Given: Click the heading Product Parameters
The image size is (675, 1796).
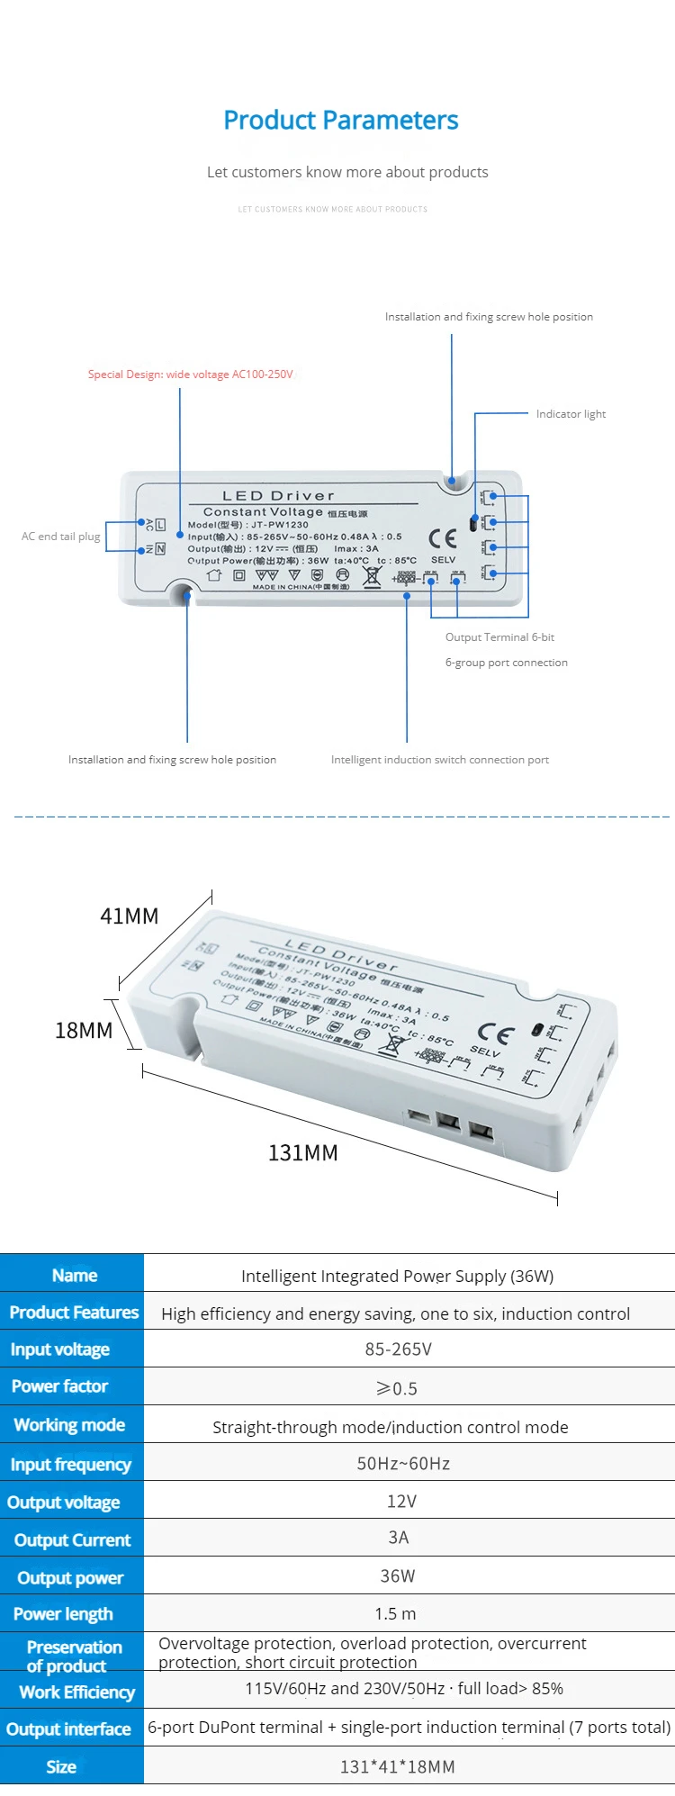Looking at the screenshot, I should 341,120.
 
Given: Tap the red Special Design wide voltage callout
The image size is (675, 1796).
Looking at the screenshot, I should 190,375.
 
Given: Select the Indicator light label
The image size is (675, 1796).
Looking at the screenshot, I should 571,414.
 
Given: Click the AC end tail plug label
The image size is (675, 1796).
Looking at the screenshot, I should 60,537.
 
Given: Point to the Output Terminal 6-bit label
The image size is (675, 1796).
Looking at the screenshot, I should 499,637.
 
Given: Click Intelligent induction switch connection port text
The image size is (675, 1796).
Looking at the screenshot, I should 439,760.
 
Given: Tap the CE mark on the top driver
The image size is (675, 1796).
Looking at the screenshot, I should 443,538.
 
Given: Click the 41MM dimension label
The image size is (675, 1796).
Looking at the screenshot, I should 129,916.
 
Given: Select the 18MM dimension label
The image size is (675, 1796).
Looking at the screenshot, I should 84,1031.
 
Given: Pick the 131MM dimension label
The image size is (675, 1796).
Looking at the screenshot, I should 302,1153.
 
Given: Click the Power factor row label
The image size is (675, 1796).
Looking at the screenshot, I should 60,1386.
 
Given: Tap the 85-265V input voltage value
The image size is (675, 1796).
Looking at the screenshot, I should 398,1349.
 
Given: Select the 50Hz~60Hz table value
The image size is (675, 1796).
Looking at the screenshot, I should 403,1464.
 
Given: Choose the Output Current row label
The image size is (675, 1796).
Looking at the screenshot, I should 72,1540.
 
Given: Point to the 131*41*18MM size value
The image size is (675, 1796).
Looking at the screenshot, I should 397,1767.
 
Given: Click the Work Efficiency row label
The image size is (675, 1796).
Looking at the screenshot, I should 76,1692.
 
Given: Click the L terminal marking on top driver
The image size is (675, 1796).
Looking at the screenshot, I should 160,524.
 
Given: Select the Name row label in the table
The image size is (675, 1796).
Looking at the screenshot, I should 74,1276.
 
